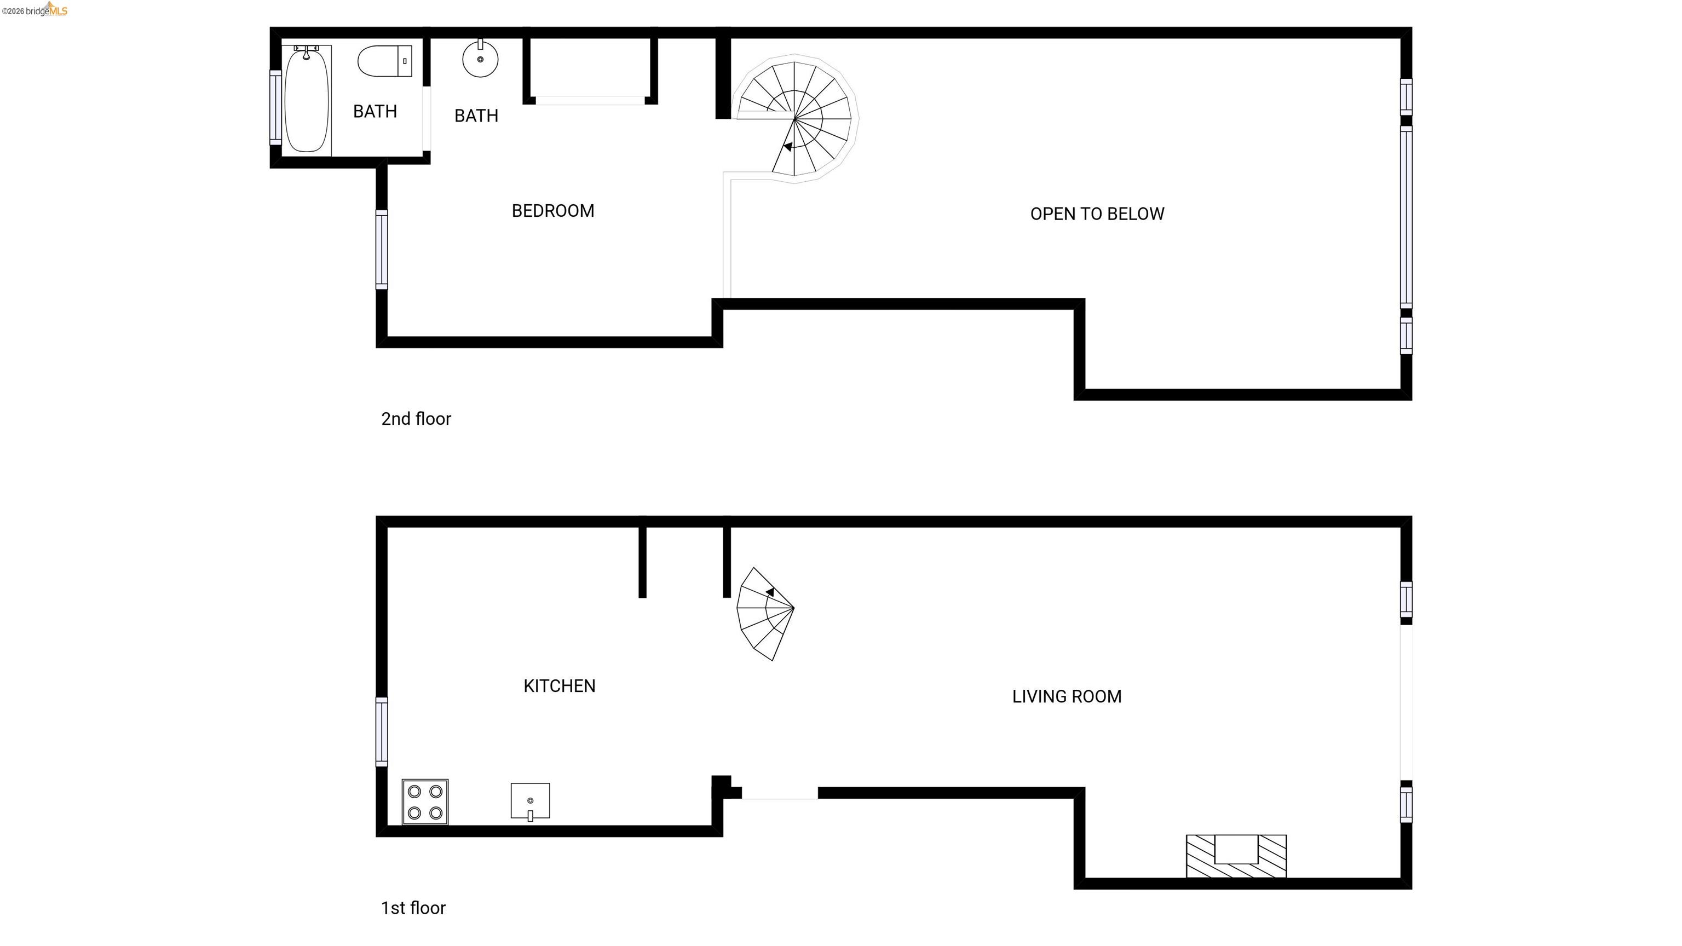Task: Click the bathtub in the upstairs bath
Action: [306, 101]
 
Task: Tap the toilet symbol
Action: [384, 61]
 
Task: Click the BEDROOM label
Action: [552, 211]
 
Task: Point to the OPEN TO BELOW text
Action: [1096, 214]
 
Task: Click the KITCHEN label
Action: [559, 686]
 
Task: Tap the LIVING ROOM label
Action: [1066, 696]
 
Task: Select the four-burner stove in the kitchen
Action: [425, 801]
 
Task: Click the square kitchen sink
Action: [529, 800]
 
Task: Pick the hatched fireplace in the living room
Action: [1235, 856]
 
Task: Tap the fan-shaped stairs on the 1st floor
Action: [764, 614]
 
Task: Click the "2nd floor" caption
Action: [416, 419]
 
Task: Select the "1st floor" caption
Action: [413, 908]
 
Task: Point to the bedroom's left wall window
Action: [381, 250]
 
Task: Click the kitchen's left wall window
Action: [381, 731]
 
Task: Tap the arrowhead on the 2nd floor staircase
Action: [788, 147]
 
